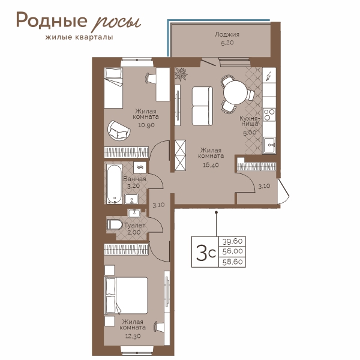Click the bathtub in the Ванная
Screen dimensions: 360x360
pos(114,184)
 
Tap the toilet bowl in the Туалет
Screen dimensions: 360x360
pos(115,224)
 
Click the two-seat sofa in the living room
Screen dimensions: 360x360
pos(202,106)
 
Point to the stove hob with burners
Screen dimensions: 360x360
pos(269,115)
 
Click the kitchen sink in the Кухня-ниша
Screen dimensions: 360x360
pos(269,145)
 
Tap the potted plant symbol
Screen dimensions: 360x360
pos(181,74)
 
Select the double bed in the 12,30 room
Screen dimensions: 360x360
pos(126,295)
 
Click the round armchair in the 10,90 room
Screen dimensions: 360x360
pos(119,130)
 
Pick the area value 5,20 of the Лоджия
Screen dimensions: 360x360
pos(227,43)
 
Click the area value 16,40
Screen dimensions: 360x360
pos(211,165)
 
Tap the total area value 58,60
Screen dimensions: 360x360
pos(232,262)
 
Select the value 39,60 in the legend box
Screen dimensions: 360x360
pos(232,241)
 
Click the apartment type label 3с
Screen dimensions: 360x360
pos(206,252)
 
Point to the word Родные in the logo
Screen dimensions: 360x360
pos(52,20)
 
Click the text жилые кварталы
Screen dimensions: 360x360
pos(79,37)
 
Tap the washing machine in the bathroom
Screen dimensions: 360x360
pos(140,167)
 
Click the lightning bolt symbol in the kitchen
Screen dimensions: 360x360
pos(269,76)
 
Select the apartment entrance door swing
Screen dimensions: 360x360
pos(283,191)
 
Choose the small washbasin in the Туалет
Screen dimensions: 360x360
pos(134,213)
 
